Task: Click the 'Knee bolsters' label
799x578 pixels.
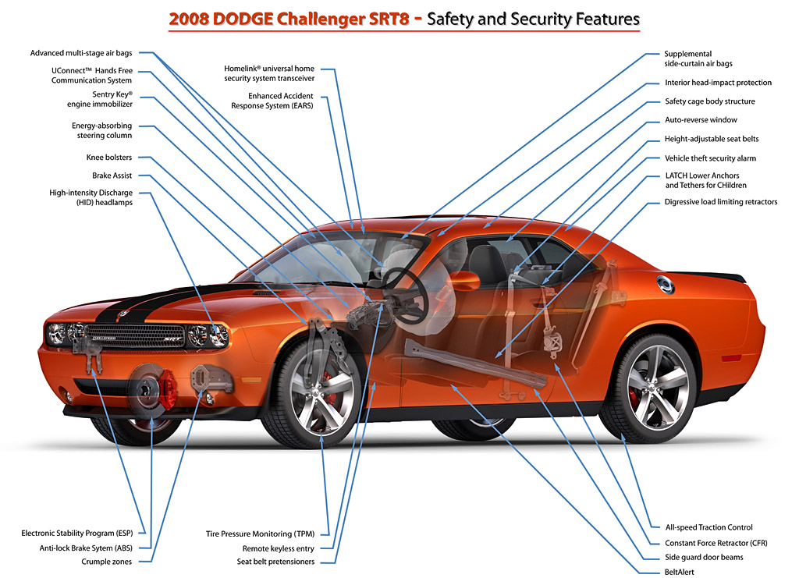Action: click(x=109, y=158)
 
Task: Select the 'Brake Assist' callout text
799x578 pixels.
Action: click(x=112, y=176)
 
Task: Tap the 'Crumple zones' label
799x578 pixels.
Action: click(x=106, y=562)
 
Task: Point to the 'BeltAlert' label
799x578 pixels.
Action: click(x=680, y=572)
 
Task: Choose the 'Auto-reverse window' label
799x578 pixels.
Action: click(x=701, y=119)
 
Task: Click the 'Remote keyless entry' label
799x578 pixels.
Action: click(x=279, y=548)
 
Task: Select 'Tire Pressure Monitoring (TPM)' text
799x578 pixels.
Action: click(x=260, y=534)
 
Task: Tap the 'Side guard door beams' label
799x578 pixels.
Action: click(x=704, y=557)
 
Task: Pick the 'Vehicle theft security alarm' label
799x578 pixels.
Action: click(x=710, y=158)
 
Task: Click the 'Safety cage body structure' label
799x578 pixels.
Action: click(x=710, y=101)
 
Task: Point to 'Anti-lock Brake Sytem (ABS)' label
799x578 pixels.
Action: click(x=86, y=548)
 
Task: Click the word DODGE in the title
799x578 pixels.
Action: click(x=243, y=19)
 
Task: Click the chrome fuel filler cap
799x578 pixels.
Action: click(x=665, y=285)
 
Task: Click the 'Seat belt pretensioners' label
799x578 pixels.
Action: click(x=275, y=562)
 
